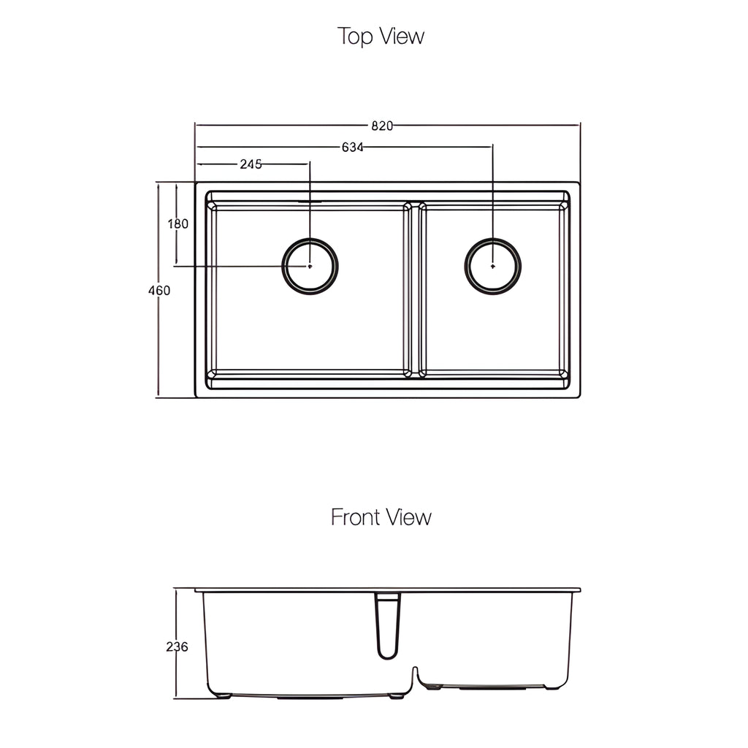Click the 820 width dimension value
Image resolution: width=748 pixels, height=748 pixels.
[x=381, y=126]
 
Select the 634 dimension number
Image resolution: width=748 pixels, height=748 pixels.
[x=353, y=147]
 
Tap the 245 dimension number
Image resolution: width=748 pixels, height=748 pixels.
[x=251, y=164]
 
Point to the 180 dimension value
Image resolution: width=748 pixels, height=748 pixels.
[x=178, y=224]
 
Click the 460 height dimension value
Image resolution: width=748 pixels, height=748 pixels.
[x=159, y=290]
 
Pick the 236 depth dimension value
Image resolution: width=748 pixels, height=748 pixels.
[x=177, y=646]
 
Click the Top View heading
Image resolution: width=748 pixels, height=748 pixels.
[x=381, y=36]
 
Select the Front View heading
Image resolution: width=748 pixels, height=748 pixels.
[x=381, y=517]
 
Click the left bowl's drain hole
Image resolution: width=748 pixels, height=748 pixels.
[x=310, y=266]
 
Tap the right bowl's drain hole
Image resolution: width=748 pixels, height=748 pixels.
[x=493, y=266]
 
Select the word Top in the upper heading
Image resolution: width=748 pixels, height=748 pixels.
[x=355, y=37]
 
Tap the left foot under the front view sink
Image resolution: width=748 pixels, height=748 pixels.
[x=223, y=695]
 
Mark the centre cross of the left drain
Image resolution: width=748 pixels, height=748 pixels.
[x=310, y=266]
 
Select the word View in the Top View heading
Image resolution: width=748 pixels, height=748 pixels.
[x=401, y=36]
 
